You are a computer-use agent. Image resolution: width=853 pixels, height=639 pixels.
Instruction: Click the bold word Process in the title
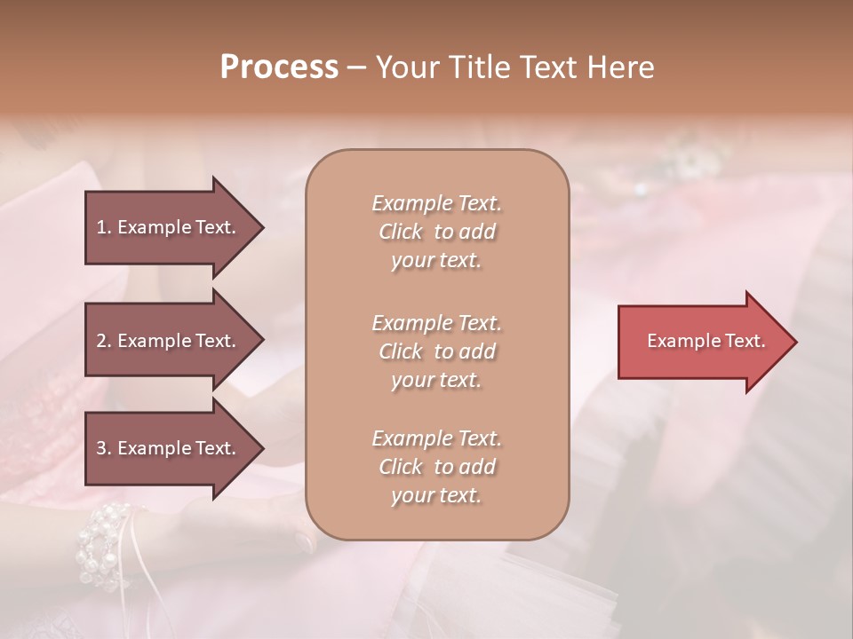[279, 67]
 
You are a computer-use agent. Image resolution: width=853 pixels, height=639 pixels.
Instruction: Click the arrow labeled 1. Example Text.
[169, 227]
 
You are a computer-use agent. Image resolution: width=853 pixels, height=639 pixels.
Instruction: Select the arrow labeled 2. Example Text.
[169, 341]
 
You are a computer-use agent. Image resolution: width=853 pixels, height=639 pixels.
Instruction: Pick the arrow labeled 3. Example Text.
[169, 448]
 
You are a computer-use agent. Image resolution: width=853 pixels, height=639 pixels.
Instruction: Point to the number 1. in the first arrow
[104, 227]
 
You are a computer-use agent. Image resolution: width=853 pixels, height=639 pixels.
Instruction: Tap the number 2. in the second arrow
[104, 341]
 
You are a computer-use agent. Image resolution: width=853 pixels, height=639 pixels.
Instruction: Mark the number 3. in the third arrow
[104, 448]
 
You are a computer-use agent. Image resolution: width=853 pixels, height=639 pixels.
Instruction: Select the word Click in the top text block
[401, 232]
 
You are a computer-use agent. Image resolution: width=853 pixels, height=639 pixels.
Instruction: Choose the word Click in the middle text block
[401, 351]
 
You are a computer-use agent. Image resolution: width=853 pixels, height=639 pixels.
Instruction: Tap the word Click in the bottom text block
[401, 467]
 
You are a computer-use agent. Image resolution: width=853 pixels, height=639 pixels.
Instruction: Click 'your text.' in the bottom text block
[436, 495]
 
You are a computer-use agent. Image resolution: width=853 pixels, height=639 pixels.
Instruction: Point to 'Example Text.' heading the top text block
[436, 203]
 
